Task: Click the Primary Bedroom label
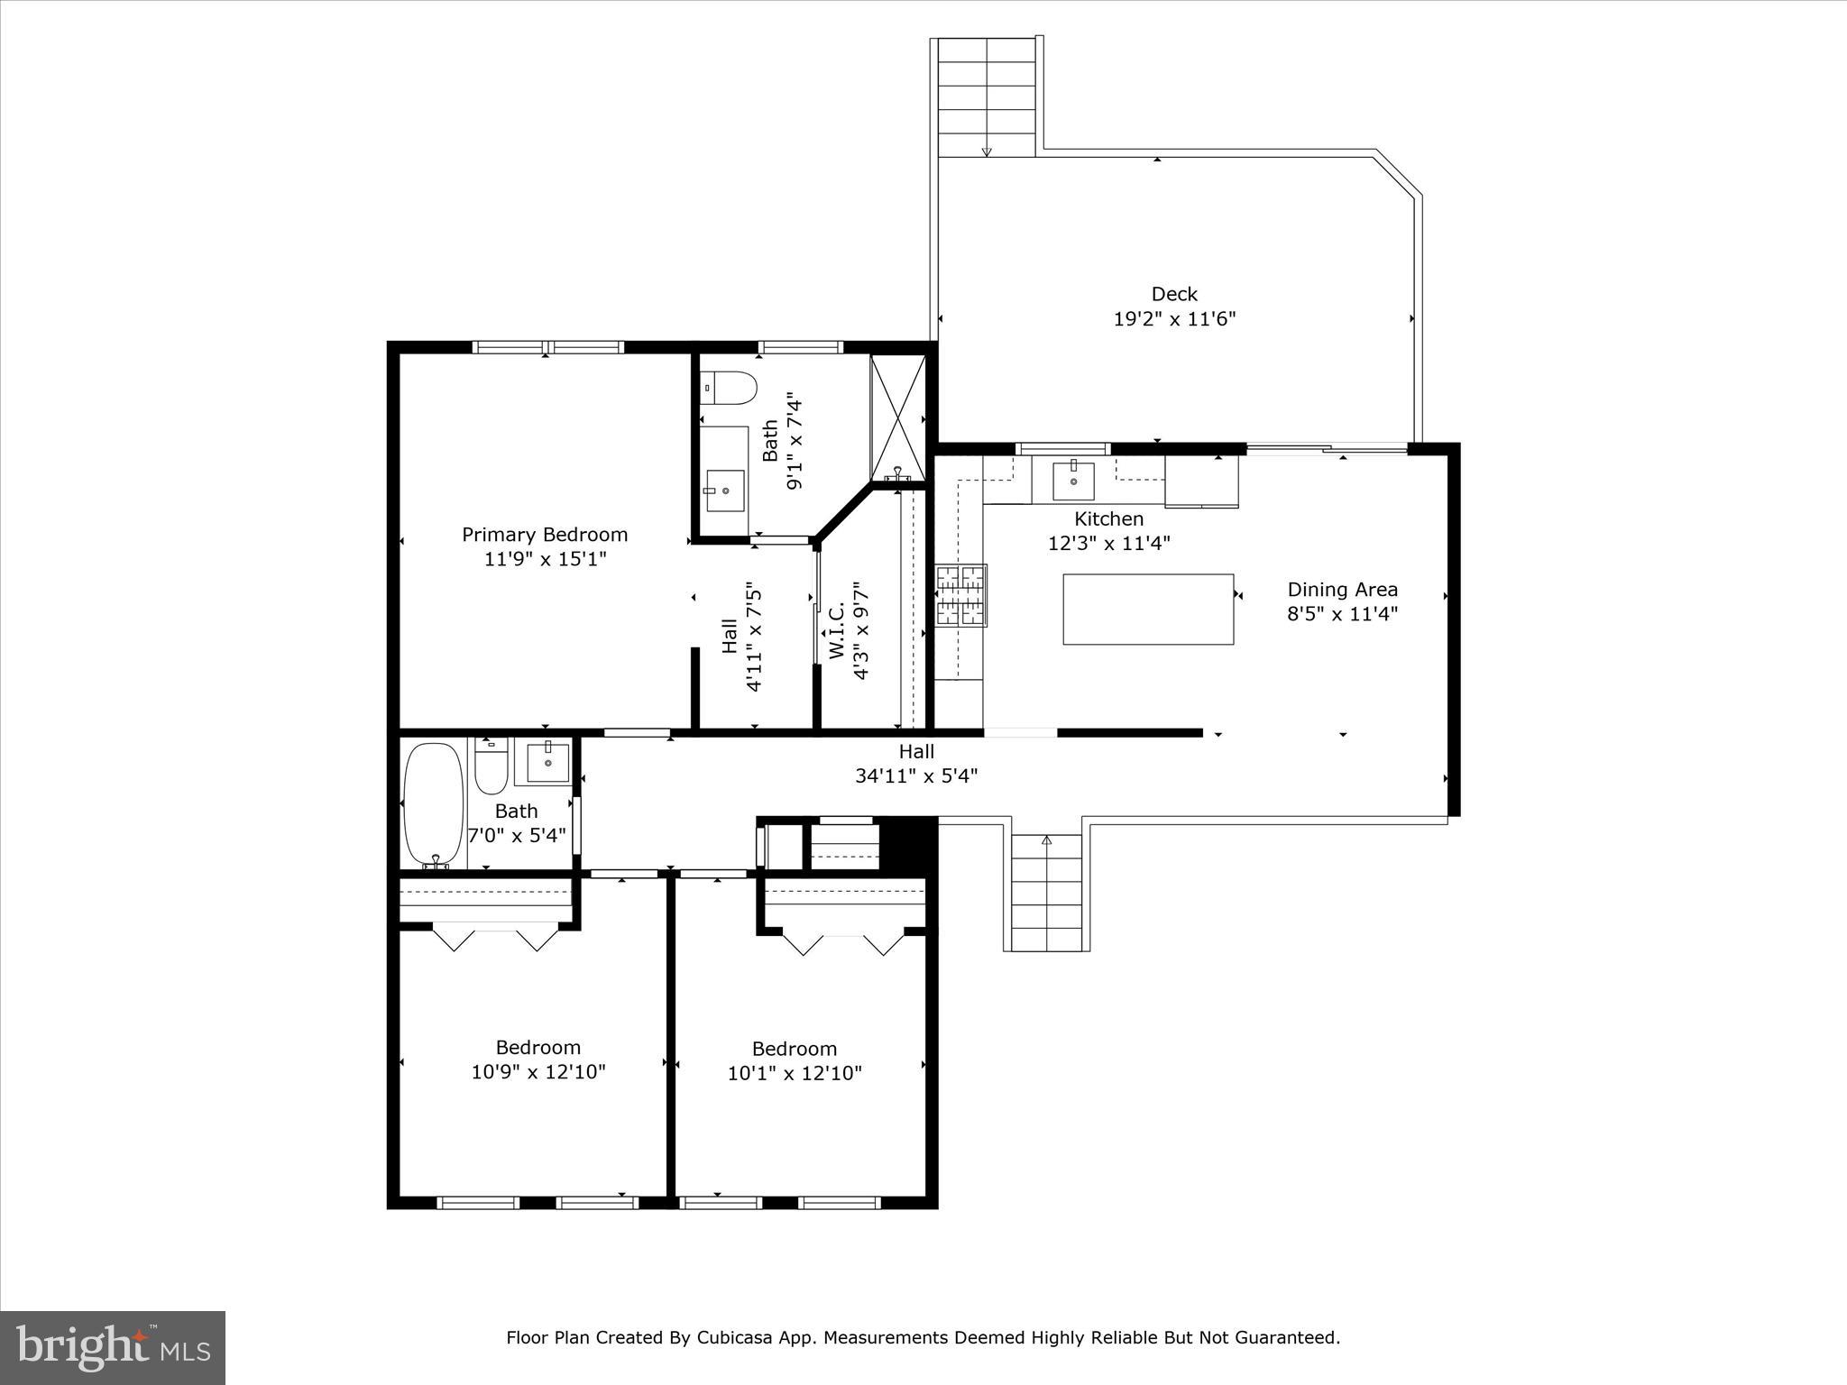545,535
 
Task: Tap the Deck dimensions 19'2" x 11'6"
1174,318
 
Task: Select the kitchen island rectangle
1148,610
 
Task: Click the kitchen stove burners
960,595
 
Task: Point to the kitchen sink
1073,481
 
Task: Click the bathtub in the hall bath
434,804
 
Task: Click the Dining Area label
1342,590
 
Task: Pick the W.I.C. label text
836,631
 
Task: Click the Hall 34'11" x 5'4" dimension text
916,775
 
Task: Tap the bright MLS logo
113,1349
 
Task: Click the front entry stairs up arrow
1046,840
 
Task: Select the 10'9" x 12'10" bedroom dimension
538,1072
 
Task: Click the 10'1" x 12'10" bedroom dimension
795,1073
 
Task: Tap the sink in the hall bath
547,762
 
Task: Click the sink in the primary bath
725,490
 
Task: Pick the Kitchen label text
1108,519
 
